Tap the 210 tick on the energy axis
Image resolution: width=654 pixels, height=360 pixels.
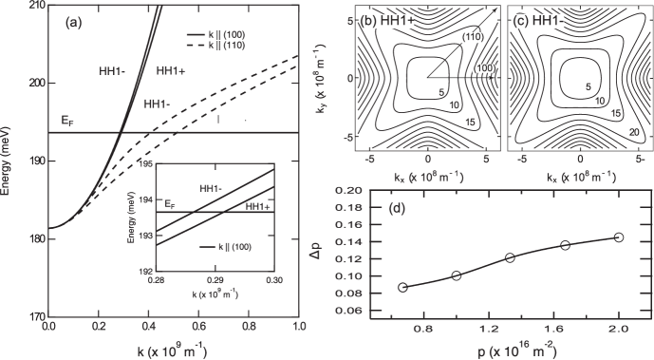pyautogui.click(x=35, y=7)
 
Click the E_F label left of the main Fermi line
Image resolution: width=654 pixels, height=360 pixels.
pyautogui.click(x=66, y=121)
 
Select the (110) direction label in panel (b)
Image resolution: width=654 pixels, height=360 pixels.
pyautogui.click(x=468, y=36)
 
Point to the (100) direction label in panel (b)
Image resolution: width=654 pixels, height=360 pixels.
pyautogui.click(x=483, y=69)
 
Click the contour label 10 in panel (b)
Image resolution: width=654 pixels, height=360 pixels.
pyautogui.click(x=455, y=103)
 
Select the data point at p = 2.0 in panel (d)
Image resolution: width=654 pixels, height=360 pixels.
pyautogui.click(x=619, y=237)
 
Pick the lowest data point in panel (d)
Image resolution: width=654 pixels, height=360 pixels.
pyautogui.click(x=402, y=287)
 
